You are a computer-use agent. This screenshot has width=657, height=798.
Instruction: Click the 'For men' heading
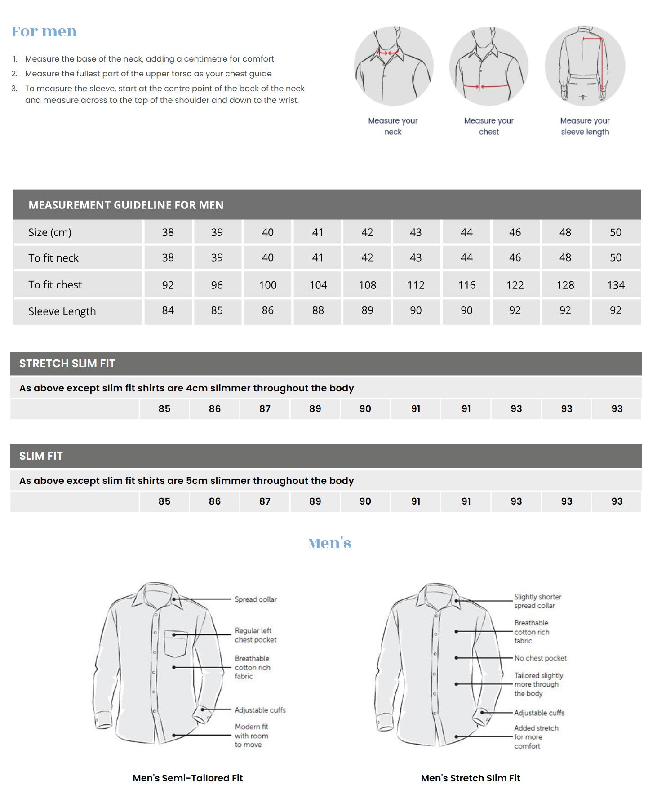[44, 31]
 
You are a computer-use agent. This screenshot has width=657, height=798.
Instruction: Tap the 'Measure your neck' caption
[393, 126]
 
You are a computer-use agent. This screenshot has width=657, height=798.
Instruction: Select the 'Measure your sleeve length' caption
[585, 126]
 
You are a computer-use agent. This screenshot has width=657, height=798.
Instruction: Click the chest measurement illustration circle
[489, 66]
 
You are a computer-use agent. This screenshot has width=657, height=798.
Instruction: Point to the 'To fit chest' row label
[55, 284]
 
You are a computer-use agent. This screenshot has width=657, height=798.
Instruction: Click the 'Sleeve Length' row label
[62, 311]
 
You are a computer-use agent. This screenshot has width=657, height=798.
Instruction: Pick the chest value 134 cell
[616, 285]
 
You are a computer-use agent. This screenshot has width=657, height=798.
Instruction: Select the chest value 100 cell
[268, 285]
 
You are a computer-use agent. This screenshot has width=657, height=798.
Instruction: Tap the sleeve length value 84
[168, 310]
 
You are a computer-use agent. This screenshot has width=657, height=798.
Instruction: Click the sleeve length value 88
[318, 310]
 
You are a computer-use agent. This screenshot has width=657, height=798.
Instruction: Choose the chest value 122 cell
[515, 285]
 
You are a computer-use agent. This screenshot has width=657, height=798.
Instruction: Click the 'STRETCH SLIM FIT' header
[67, 364]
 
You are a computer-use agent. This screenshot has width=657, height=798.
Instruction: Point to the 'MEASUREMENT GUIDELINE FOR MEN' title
[126, 205]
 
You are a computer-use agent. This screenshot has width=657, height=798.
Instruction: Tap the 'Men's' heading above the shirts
[329, 543]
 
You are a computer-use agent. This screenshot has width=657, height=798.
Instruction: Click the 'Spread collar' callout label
[256, 599]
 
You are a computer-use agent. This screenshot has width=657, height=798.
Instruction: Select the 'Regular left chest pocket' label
[255, 635]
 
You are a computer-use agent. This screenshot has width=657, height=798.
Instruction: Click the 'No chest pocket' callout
[540, 658]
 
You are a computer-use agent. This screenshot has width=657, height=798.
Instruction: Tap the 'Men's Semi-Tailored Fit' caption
[187, 778]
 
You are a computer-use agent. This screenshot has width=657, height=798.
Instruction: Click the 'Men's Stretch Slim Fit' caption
[470, 778]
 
